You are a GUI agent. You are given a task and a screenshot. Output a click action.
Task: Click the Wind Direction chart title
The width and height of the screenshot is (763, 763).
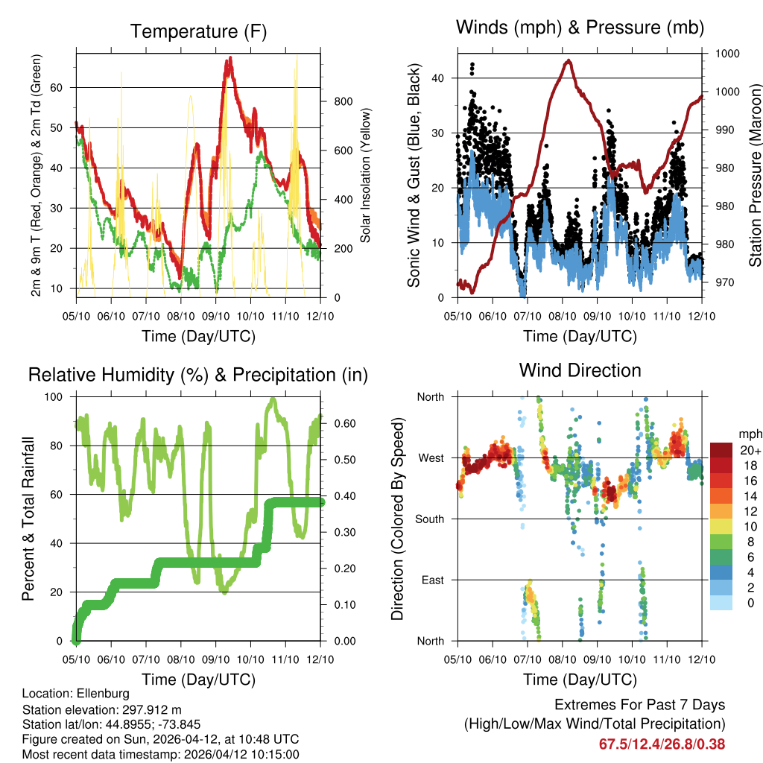(580, 370)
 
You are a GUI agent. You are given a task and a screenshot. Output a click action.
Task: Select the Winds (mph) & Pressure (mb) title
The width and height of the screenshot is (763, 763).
(580, 28)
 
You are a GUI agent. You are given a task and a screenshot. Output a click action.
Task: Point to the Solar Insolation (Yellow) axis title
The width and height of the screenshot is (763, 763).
(365, 174)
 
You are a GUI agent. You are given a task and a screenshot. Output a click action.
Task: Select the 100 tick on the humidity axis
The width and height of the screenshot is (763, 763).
(59, 396)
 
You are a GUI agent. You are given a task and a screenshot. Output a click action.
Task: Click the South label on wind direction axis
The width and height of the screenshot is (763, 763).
(430, 519)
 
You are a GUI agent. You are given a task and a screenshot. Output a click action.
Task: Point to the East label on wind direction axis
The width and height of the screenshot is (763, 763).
(433, 580)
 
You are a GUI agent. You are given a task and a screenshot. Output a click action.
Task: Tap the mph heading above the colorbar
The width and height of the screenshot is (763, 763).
(749, 434)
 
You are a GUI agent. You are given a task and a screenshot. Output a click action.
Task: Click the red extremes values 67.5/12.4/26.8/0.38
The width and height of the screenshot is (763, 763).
(662, 744)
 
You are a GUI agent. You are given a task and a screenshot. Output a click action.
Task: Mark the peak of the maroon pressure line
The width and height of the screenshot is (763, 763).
(569, 61)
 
